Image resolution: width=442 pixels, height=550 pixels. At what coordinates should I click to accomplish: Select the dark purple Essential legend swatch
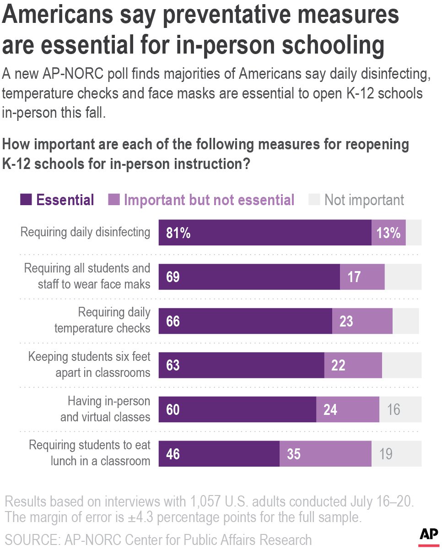pos(26,200)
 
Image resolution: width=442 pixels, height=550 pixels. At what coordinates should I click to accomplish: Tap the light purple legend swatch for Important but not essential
pos(113,200)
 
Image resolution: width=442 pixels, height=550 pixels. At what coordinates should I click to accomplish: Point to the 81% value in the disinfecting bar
pos(178,233)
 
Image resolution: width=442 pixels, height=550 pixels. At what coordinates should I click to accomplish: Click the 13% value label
pos(388,233)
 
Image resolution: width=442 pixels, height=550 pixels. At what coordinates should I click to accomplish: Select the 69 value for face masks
pos(173,277)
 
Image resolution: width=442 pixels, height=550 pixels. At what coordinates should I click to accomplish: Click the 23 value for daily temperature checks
pos(346,321)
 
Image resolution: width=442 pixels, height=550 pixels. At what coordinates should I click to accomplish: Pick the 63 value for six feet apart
pos(173,365)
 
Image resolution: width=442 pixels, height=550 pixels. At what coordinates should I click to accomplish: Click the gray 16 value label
pos(393,409)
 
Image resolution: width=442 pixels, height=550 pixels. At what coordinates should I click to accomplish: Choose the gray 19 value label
pos(385,454)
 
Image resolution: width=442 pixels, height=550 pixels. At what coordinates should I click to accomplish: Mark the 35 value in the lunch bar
pos(294,454)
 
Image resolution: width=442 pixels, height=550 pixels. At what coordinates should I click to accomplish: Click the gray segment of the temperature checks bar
pos(405,321)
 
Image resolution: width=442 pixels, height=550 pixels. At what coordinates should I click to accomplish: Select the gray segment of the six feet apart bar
pos(401,365)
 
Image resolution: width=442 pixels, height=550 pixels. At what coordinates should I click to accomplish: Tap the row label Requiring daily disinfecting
pos(85,232)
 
